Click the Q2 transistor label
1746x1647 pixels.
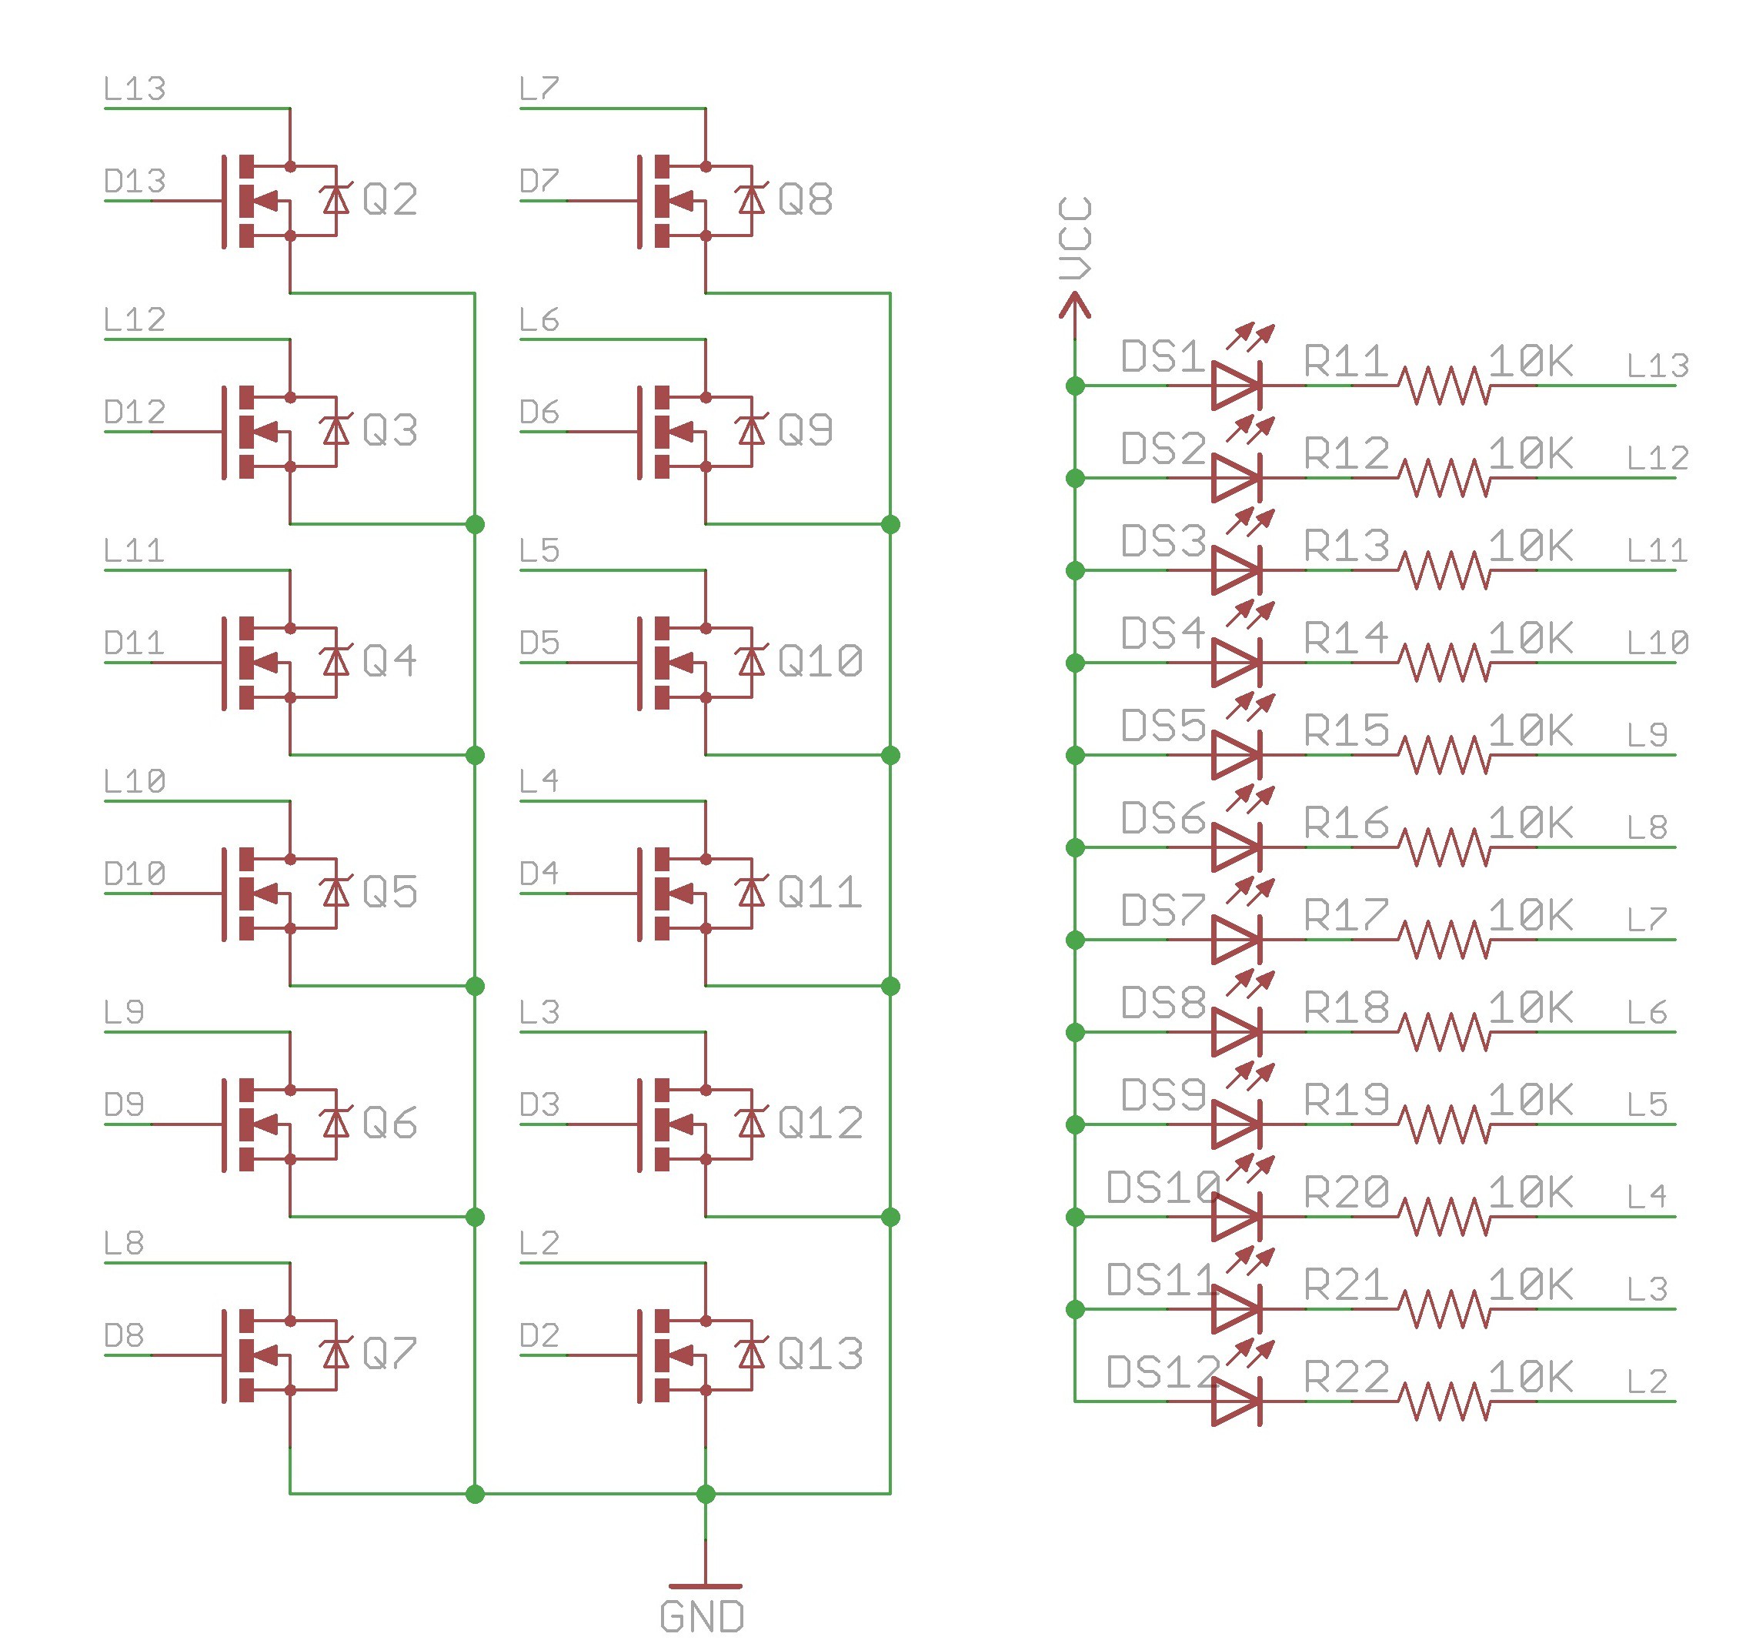(389, 199)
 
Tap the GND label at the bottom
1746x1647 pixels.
(702, 1617)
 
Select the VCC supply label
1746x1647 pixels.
(1075, 238)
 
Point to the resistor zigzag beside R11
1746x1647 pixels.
(1444, 386)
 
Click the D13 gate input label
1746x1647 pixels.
(135, 181)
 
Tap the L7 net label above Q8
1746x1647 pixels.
(539, 89)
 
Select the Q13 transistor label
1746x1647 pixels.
(820, 1354)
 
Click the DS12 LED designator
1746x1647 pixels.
(1163, 1372)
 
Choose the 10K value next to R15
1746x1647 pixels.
(1530, 730)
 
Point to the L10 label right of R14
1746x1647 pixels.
(1658, 643)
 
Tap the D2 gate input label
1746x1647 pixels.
(539, 1336)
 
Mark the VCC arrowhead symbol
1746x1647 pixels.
(1074, 306)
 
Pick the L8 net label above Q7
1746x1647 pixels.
(123, 1243)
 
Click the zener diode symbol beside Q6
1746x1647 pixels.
(336, 1123)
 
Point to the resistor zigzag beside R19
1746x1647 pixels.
(1444, 1124)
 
